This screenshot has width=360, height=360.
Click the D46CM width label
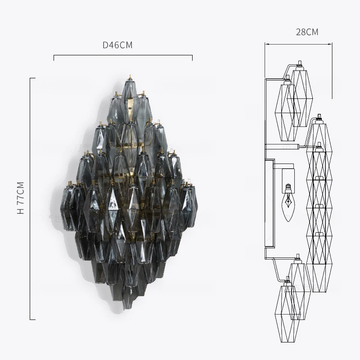point(117,45)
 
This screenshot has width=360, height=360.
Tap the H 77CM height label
point(21,198)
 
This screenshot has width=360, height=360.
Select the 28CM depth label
point(307,32)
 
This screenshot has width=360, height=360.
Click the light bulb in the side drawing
point(288,202)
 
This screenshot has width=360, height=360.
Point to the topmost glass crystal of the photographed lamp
point(130,91)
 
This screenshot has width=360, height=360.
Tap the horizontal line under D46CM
point(123,55)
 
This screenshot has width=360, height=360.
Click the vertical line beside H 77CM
point(30,199)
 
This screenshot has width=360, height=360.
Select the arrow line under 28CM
point(298,44)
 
